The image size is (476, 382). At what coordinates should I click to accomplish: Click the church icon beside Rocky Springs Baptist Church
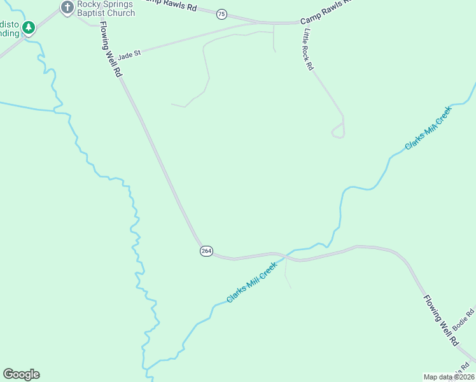[67, 8]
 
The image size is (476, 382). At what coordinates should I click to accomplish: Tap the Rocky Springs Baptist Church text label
[106, 8]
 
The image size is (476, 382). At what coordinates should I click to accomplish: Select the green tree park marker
[28, 27]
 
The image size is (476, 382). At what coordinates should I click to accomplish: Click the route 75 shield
[221, 13]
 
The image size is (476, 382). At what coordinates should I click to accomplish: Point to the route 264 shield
[206, 251]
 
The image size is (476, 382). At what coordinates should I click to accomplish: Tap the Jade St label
[129, 55]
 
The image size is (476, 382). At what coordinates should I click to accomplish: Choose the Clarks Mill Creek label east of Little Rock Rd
[428, 129]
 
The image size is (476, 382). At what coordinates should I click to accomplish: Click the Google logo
[21, 374]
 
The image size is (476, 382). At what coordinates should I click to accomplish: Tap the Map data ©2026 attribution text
[449, 377]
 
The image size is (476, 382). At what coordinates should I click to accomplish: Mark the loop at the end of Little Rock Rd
[339, 132]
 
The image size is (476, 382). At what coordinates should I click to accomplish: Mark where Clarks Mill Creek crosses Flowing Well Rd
[287, 257]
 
